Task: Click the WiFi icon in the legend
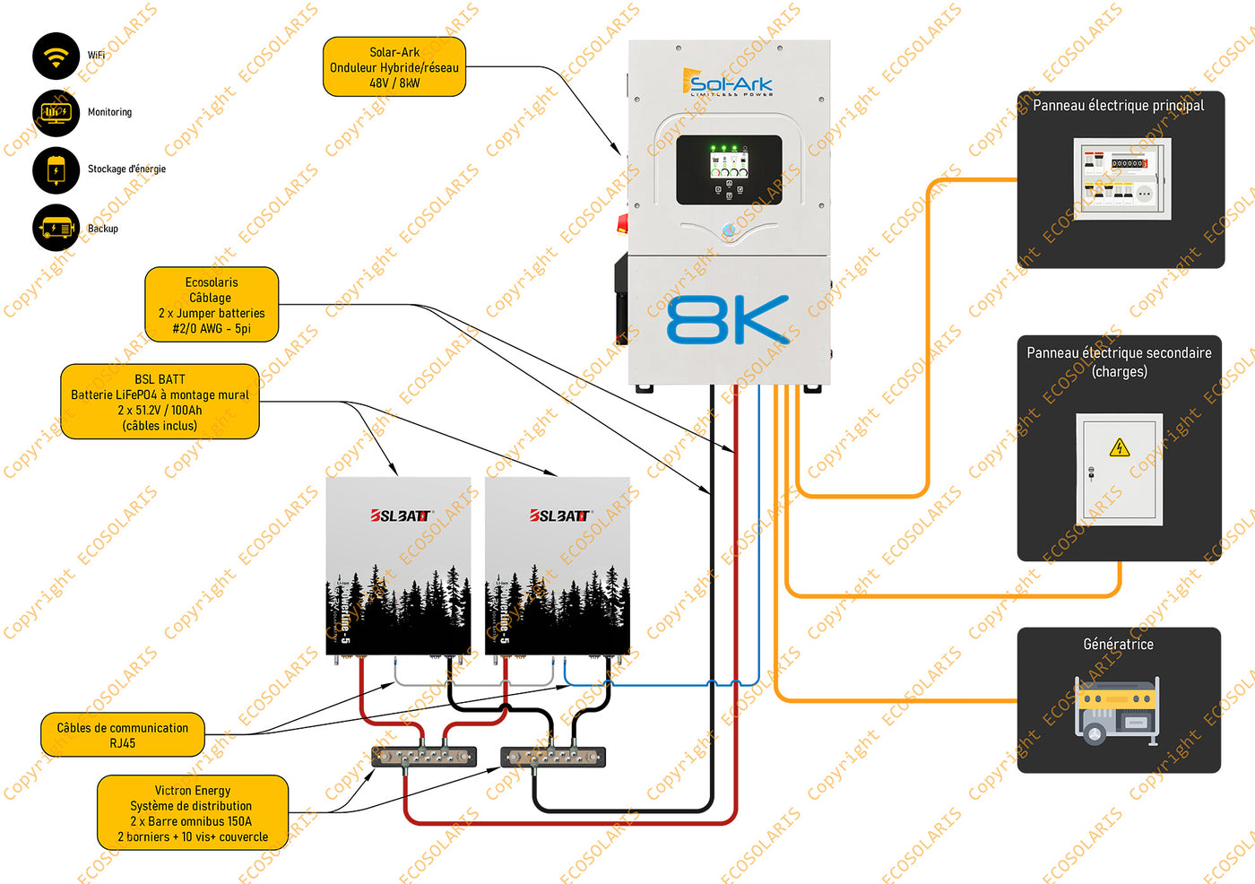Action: click(56, 56)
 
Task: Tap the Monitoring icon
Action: click(56, 113)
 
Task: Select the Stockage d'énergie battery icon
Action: click(56, 169)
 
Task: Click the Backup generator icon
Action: click(56, 228)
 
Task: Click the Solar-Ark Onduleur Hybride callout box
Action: click(394, 67)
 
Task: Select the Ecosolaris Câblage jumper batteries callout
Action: click(212, 305)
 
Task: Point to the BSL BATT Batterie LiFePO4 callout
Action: click(160, 402)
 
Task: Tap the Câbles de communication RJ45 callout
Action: click(122, 735)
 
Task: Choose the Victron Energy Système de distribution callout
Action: click(192, 813)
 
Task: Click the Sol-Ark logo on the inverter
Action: click(727, 82)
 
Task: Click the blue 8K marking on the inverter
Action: click(728, 320)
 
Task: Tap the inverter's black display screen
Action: click(729, 169)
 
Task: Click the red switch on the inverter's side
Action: click(622, 222)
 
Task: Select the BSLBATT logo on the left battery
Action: click(400, 516)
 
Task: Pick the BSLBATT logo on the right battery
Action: click(559, 516)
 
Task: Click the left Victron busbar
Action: click(424, 757)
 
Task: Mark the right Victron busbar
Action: click(553, 757)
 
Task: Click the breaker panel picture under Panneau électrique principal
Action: click(1121, 178)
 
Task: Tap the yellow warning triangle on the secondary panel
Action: click(1119, 447)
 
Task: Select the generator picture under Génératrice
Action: click(1117, 711)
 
